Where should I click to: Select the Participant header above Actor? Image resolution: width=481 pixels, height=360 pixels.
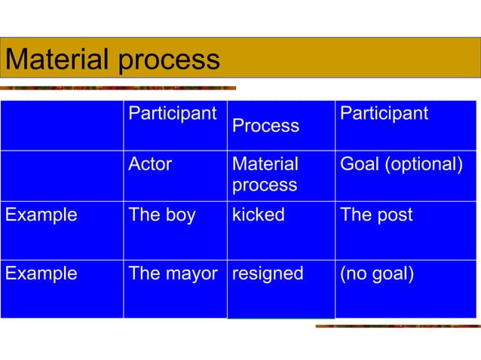pyautogui.click(x=173, y=114)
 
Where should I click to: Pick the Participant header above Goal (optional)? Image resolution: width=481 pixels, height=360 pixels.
pyautogui.click(x=384, y=114)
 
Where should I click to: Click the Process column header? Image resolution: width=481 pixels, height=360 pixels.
pyautogui.click(x=265, y=126)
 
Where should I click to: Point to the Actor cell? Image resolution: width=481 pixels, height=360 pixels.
pyautogui.click(x=151, y=164)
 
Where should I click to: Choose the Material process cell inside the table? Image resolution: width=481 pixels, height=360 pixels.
pyautogui.click(x=265, y=174)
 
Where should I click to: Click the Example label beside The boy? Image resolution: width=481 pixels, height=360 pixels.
pyautogui.click(x=41, y=215)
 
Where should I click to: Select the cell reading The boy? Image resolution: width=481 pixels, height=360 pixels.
pyautogui.click(x=162, y=215)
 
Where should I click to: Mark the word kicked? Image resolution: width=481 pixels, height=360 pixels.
pyautogui.click(x=259, y=215)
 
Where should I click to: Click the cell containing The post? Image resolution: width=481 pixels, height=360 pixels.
pyautogui.click(x=376, y=215)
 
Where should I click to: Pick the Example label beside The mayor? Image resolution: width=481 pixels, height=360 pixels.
pyautogui.click(x=41, y=273)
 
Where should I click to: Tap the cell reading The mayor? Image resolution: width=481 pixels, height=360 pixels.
pyautogui.click(x=173, y=273)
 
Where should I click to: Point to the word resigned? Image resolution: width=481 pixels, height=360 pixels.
pyautogui.click(x=268, y=273)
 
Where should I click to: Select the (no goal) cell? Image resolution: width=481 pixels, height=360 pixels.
pyautogui.click(x=377, y=273)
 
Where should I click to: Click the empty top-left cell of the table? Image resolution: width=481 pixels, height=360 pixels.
pyautogui.click(x=62, y=125)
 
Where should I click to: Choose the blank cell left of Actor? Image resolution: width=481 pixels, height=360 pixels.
pyautogui.click(x=62, y=175)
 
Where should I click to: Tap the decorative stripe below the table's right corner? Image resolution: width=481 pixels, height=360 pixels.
pyautogui.click(x=397, y=325)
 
